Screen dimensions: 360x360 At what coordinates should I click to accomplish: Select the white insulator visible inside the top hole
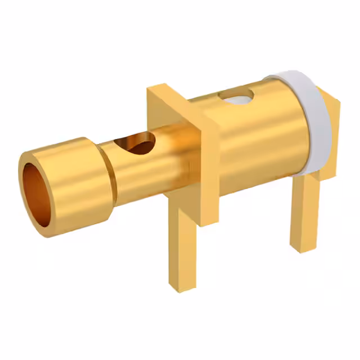click(237, 101)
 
